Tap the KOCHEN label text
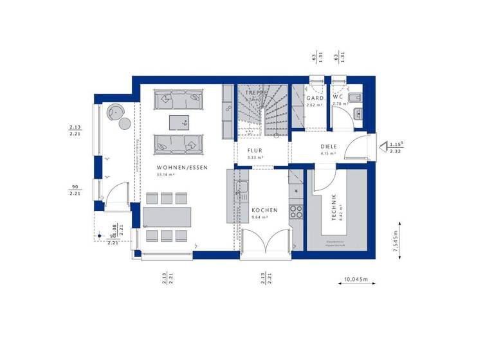(264, 210)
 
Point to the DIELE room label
(329, 147)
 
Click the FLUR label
(255, 150)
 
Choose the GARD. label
(315, 98)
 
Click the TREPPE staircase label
(255, 93)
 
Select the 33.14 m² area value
(167, 174)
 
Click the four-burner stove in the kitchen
(296, 212)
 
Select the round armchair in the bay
(116, 111)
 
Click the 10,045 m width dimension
(356, 280)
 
